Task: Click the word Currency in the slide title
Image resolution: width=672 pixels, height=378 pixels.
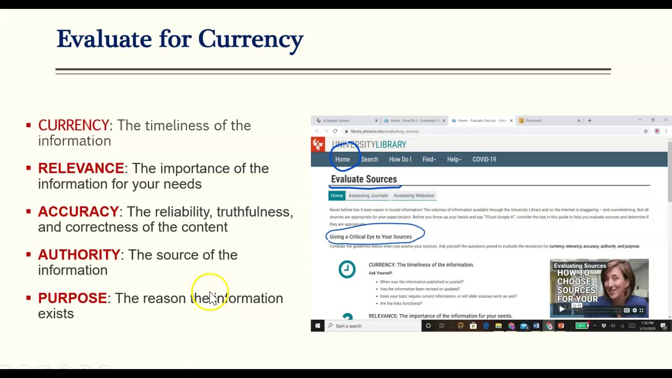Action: tap(250, 39)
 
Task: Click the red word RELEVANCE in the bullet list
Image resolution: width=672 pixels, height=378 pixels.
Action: tap(81, 169)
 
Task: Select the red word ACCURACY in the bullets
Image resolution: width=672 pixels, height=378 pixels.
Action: tap(78, 212)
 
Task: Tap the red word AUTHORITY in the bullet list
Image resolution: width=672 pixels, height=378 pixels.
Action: tap(79, 255)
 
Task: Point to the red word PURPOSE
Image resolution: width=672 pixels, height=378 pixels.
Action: tap(72, 298)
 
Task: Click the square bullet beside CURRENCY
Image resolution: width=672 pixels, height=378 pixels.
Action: tap(28, 125)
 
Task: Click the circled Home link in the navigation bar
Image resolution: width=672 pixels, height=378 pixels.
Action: tap(342, 159)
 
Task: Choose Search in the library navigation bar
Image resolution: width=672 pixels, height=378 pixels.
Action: tap(369, 159)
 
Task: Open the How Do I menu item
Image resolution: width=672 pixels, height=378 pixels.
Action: tap(400, 159)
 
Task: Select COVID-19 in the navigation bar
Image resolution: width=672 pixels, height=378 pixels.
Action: tap(484, 159)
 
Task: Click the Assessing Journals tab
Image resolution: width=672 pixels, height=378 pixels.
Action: tap(368, 195)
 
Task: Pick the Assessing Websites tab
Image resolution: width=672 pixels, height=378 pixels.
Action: tap(414, 195)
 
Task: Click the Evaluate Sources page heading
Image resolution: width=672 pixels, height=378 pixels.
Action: tap(363, 179)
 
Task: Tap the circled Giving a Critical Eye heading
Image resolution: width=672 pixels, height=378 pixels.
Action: tap(371, 237)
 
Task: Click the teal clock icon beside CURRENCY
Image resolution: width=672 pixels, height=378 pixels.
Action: tap(346, 269)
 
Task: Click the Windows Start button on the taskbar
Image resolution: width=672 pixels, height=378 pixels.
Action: tap(317, 326)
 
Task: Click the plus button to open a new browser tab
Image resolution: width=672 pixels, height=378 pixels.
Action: tap(589, 120)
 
